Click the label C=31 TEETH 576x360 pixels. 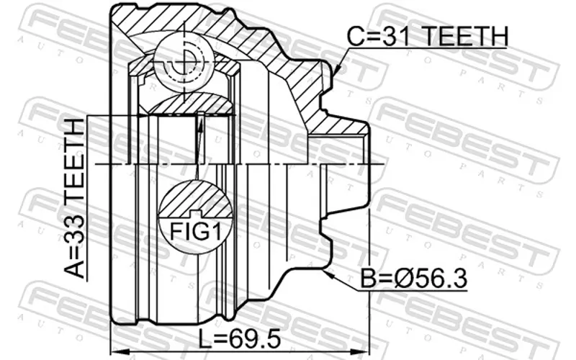[x=428, y=36]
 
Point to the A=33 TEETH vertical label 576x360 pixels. [x=74, y=199]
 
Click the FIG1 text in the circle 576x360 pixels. [x=196, y=232]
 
